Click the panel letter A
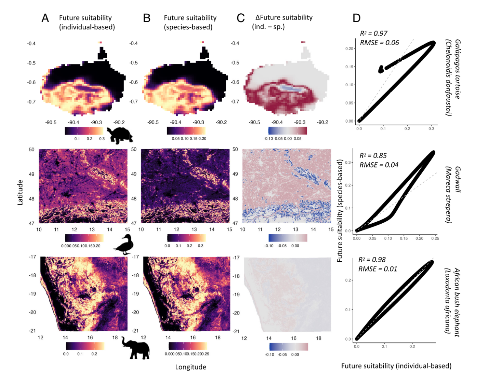click(x=45, y=18)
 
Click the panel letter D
click(x=356, y=18)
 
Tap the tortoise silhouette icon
click(x=120, y=135)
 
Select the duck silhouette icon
click(x=123, y=245)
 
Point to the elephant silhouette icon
click(x=136, y=348)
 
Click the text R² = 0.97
click(x=373, y=34)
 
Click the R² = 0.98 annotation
click(x=373, y=260)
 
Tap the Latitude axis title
click(x=20, y=192)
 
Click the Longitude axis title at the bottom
click(x=190, y=367)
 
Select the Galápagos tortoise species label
click(x=453, y=78)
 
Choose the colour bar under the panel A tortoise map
click(x=84, y=131)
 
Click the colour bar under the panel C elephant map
click(x=288, y=347)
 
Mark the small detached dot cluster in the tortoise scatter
click(x=381, y=69)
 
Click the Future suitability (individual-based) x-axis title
click(x=396, y=366)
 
